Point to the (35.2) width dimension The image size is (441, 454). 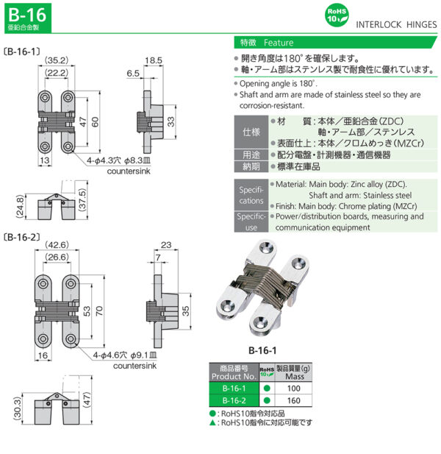pos(57,61)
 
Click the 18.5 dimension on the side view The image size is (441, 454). pos(153,61)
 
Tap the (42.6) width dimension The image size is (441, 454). pos(57,245)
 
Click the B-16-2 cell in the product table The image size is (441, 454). pos(233,401)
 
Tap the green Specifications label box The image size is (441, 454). pos(251,194)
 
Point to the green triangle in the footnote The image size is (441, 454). pos(212,424)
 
